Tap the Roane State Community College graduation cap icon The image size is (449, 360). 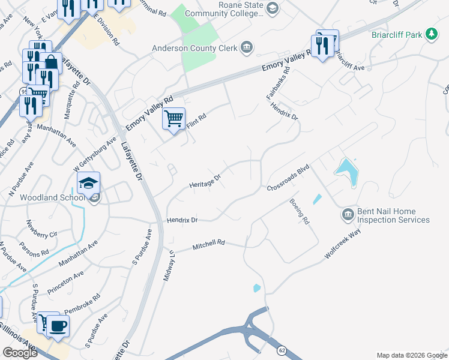click(272, 8)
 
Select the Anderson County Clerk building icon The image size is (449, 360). click(246, 47)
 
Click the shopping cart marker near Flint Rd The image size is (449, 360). click(173, 119)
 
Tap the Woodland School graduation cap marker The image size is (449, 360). click(88, 183)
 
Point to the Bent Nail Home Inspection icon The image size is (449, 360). click(348, 215)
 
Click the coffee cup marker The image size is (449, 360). click(58, 326)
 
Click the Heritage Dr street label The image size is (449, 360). click(205, 181)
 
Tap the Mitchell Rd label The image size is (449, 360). click(208, 245)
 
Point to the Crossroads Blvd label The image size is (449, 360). click(288, 178)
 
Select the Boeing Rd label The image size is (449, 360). click(299, 212)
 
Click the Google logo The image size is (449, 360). click(20, 353)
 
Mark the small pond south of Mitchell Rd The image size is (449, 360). click(257, 288)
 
